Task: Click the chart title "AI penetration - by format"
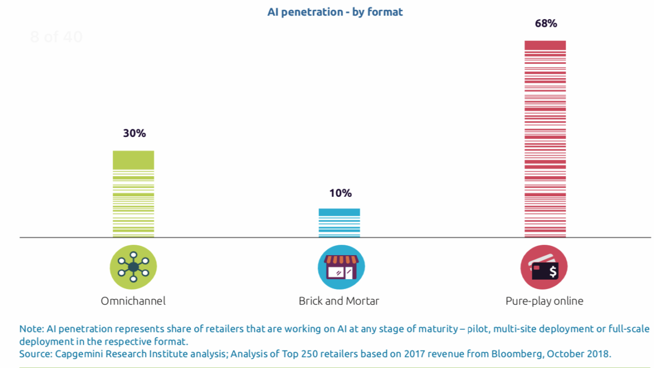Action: coord(335,11)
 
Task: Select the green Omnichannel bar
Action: coord(134,194)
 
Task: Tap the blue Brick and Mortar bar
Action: coord(339,223)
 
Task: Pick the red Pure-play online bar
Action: coord(545,139)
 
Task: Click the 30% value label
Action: coord(134,134)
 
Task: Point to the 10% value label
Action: coord(340,193)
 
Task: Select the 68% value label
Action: coord(546,24)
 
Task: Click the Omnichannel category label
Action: coord(133,301)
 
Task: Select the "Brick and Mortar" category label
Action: coord(339,301)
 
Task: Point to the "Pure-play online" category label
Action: coord(544,301)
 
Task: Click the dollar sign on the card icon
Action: coord(553,271)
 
